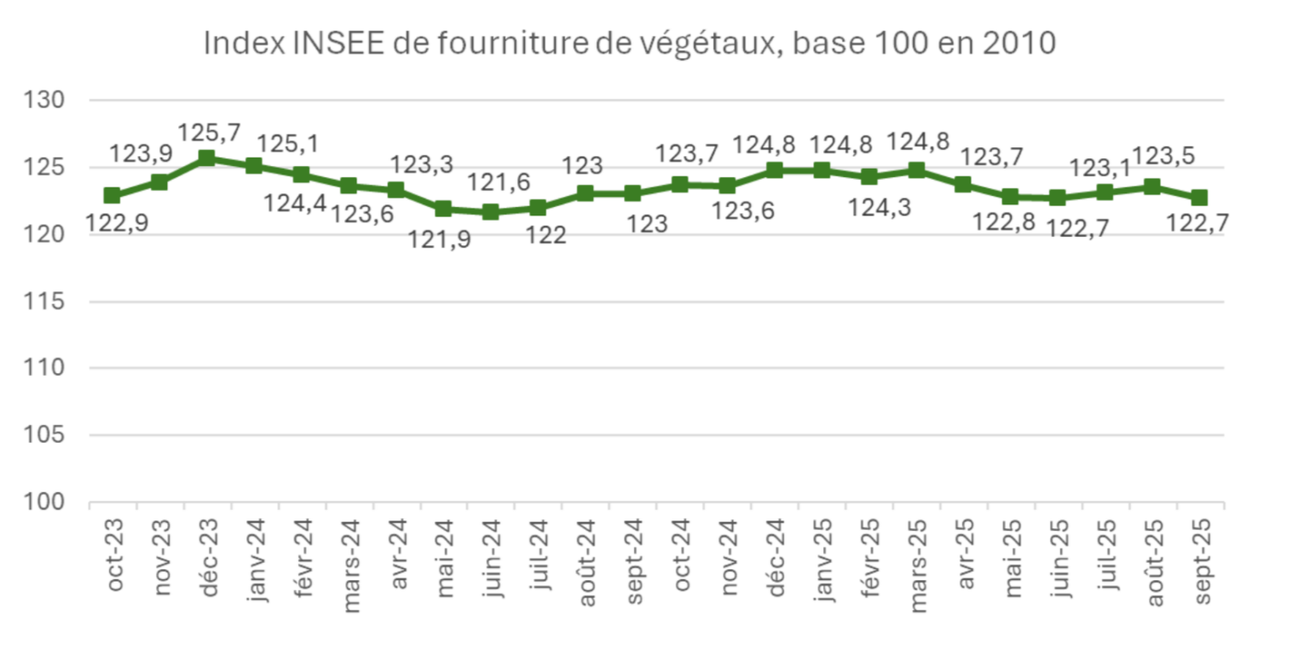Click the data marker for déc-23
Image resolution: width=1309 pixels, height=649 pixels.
[x=206, y=158]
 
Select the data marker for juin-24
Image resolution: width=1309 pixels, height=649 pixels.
[x=490, y=211]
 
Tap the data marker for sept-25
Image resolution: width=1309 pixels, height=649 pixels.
[x=1199, y=198]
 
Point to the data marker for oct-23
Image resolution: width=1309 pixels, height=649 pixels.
[x=112, y=195]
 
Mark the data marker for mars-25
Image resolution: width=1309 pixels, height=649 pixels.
[x=916, y=170]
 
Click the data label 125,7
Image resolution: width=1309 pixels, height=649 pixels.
[x=210, y=133]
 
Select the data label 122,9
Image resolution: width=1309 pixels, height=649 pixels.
[x=116, y=225]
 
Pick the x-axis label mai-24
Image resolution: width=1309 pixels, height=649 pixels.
[x=444, y=558]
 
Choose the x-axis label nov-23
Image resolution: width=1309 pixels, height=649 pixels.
[x=160, y=558]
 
